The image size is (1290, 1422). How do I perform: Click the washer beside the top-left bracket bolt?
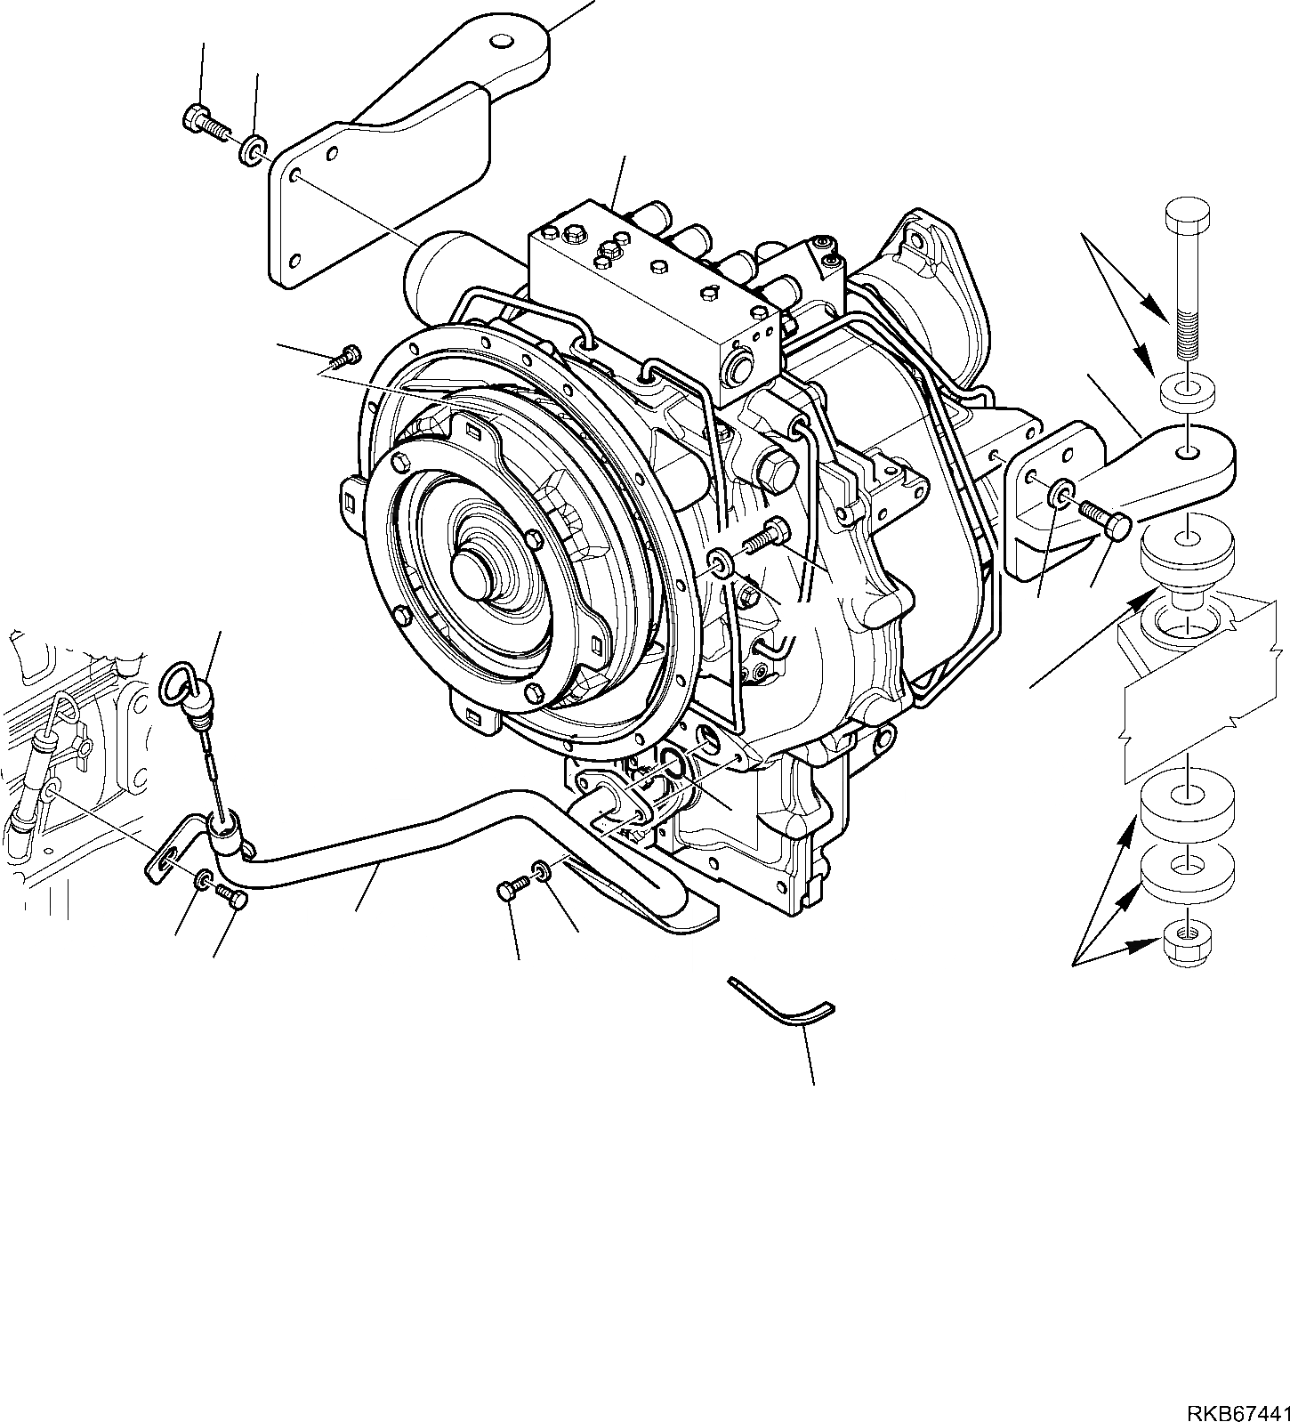253,149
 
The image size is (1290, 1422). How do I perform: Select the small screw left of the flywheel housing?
343,357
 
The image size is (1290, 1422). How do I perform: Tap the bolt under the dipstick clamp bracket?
230,898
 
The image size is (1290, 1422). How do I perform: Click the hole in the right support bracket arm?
1187,454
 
